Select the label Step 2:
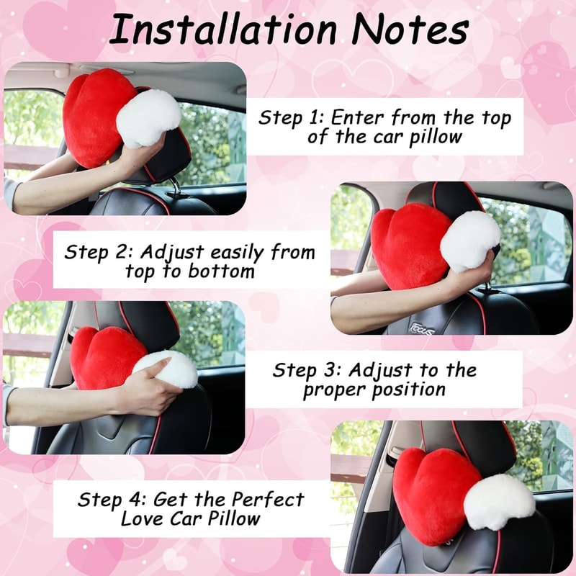click(x=98, y=253)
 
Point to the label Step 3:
click(x=307, y=371)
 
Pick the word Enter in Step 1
click(x=364, y=117)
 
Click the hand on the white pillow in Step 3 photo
click(x=148, y=389)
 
